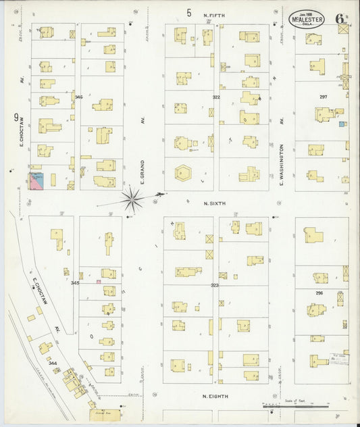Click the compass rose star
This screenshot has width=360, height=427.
pyautogui.click(x=132, y=199)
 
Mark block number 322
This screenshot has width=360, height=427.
pyautogui.click(x=216, y=97)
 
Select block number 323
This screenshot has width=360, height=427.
pyautogui.click(x=215, y=285)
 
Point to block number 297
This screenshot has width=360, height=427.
pyautogui.click(x=323, y=97)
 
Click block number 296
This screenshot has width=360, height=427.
pyautogui.click(x=319, y=293)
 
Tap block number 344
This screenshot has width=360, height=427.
pyautogui.click(x=53, y=363)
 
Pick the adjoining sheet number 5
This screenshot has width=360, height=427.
pyautogui.click(x=189, y=12)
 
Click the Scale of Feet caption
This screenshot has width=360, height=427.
pyautogui.click(x=295, y=401)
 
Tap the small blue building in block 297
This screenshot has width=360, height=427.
pyautogui.click(x=342, y=124)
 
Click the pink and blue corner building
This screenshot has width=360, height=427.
pyautogui.click(x=36, y=181)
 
